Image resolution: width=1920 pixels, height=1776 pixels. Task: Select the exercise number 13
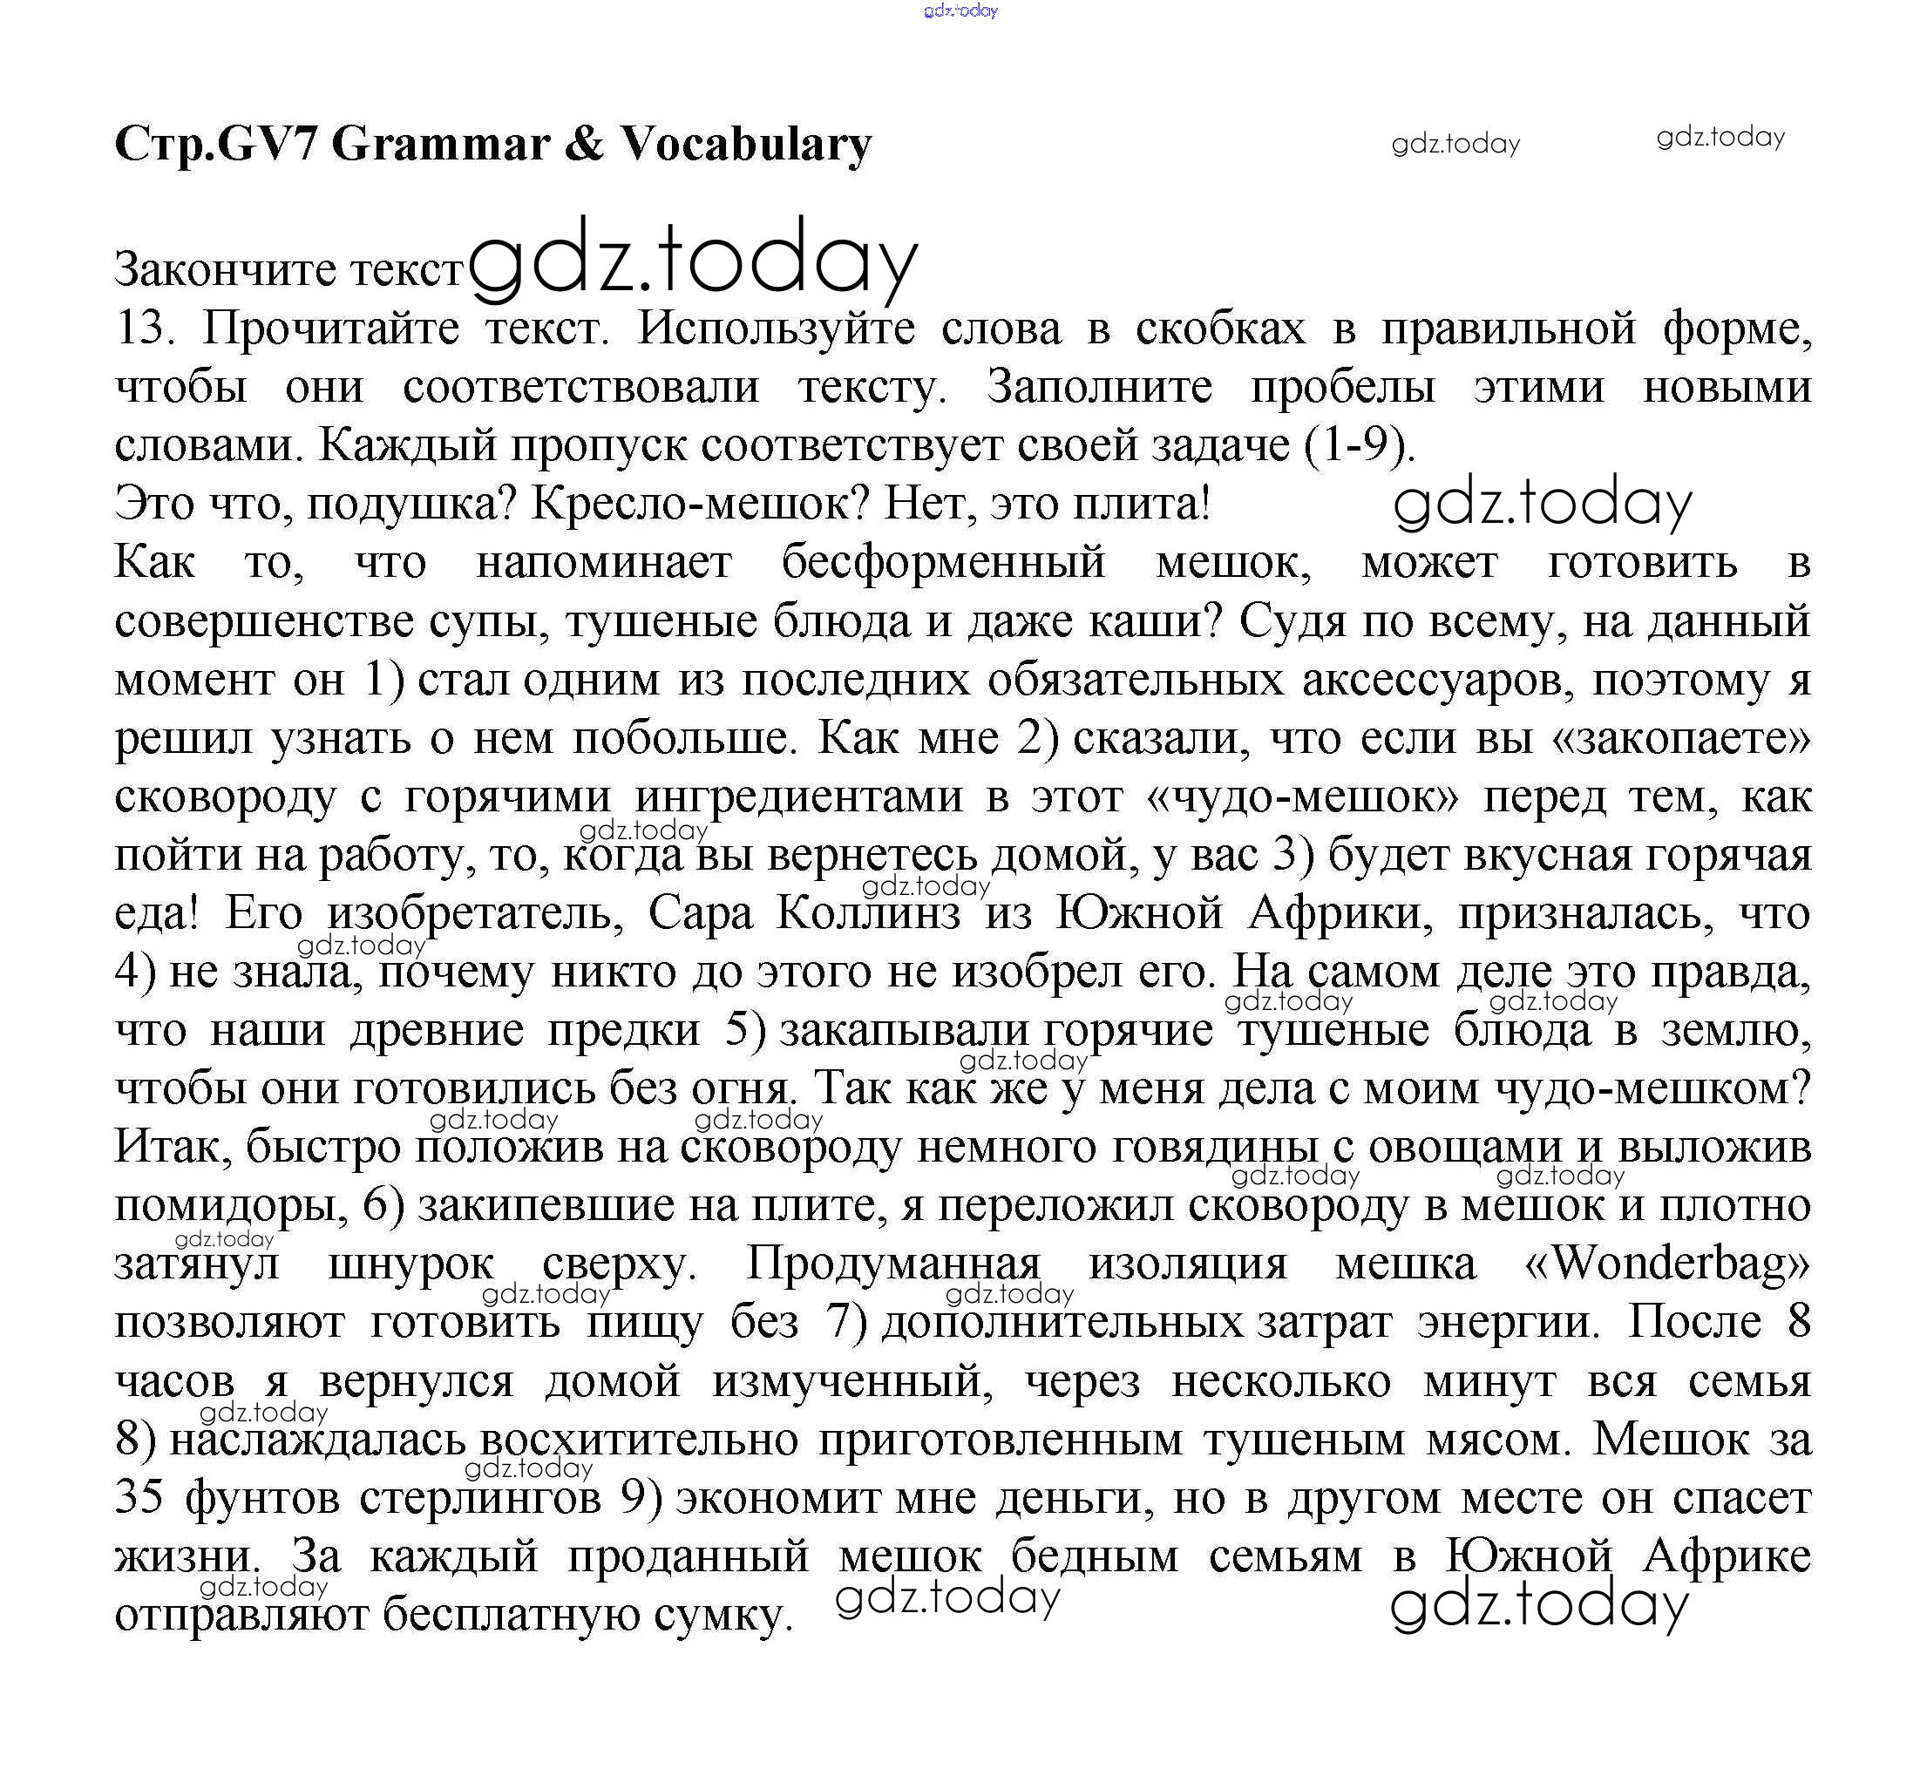click(x=144, y=329)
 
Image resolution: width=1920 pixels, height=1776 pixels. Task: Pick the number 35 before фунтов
click(x=139, y=1497)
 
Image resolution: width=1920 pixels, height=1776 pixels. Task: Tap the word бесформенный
click(x=943, y=562)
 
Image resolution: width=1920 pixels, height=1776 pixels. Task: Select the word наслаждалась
click(x=318, y=1440)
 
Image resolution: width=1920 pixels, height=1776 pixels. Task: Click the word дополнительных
click(x=1062, y=1322)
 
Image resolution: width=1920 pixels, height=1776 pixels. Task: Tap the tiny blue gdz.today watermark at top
click(x=960, y=10)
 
